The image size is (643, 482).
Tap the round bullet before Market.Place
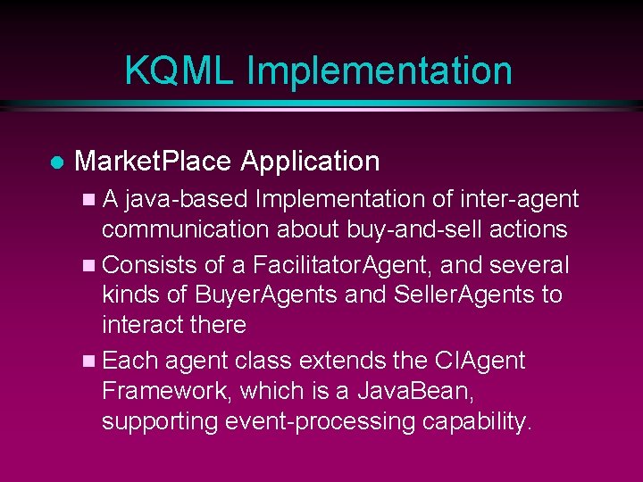pos(55,162)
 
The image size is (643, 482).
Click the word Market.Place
pos(154,162)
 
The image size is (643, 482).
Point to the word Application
pos(310,162)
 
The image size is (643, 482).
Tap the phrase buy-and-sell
pos(398,229)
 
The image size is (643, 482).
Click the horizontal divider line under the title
pos(321,105)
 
